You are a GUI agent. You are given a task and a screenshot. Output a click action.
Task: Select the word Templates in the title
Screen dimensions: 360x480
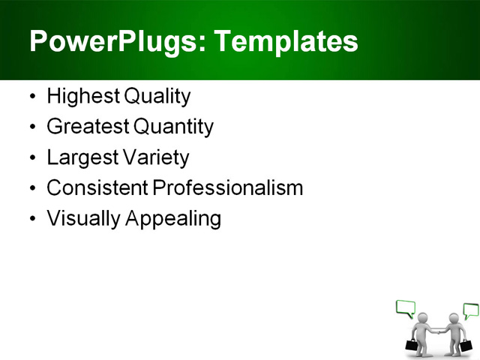pyautogui.click(x=286, y=41)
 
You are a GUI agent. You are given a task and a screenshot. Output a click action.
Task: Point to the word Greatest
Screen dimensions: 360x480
pyautogui.click(x=86, y=127)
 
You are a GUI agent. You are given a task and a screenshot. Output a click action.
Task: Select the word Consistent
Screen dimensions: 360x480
pyautogui.click(x=97, y=188)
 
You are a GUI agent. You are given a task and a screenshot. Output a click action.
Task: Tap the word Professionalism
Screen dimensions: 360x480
pyautogui.click(x=228, y=188)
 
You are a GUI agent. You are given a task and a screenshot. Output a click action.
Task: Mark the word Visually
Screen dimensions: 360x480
pyautogui.click(x=81, y=219)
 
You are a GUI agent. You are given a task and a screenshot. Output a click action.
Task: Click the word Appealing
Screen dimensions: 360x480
pyautogui.click(x=173, y=219)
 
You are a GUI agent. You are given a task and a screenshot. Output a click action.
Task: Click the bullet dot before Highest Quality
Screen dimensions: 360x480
pyautogui.click(x=31, y=97)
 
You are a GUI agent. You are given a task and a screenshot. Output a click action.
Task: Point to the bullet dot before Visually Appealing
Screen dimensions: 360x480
pyautogui.click(x=31, y=219)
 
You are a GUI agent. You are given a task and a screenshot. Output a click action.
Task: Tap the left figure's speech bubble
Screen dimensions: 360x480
pyautogui.click(x=406, y=307)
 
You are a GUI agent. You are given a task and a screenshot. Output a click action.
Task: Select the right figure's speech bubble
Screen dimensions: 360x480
pyautogui.click(x=470, y=310)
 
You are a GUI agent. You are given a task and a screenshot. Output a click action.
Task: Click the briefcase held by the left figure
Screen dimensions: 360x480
pyautogui.click(x=412, y=344)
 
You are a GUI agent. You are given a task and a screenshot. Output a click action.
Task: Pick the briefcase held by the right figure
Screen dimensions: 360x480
pyautogui.click(x=465, y=345)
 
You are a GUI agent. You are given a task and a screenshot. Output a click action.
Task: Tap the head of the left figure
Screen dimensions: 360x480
pyautogui.click(x=421, y=318)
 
